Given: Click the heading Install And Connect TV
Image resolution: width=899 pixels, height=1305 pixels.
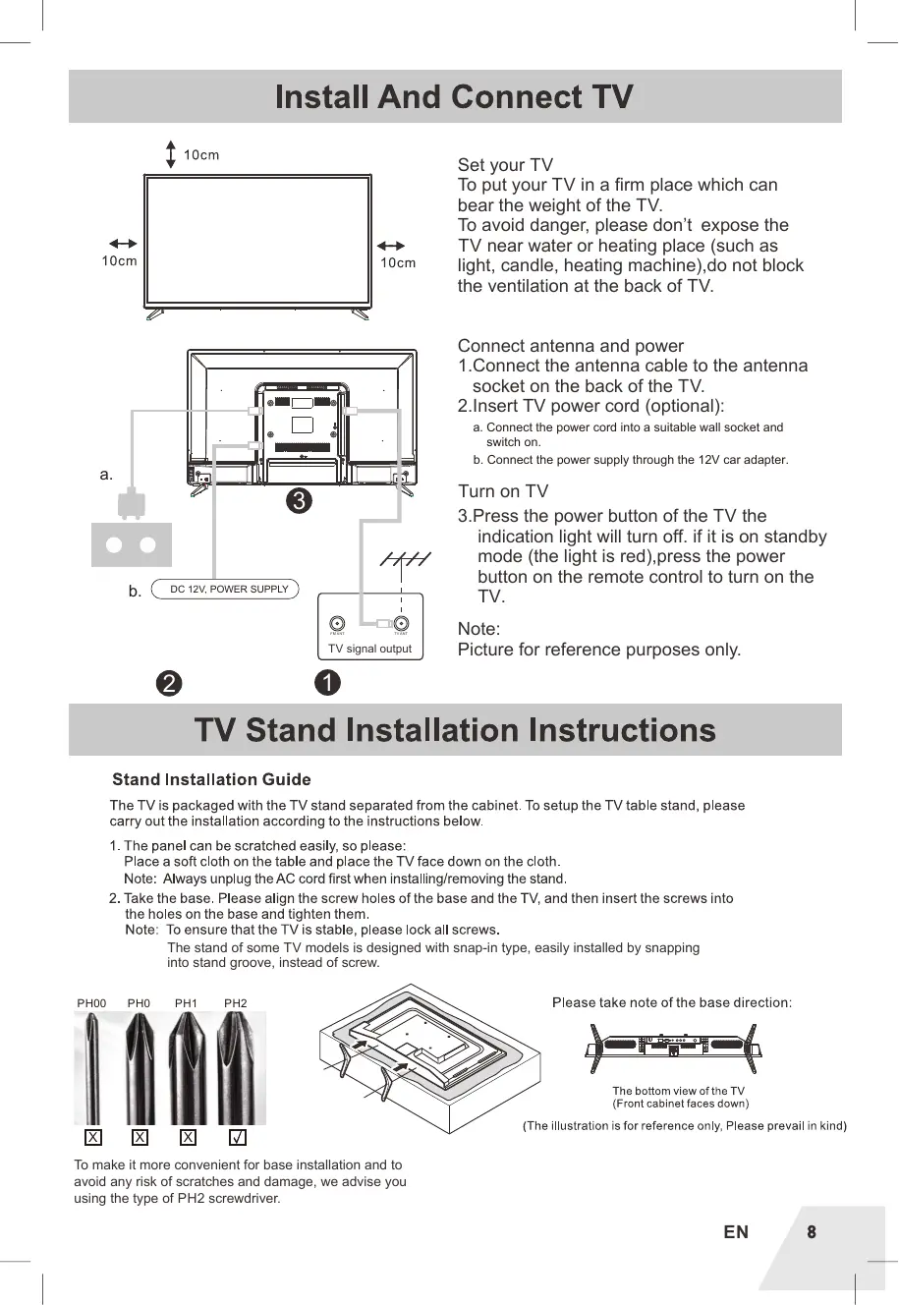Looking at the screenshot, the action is [x=454, y=97].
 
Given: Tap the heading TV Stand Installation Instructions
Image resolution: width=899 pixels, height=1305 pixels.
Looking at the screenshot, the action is [x=455, y=730].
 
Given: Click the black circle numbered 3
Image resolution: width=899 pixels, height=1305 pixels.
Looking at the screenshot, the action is [x=299, y=501].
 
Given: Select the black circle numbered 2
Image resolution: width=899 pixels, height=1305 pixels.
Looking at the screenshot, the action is [x=169, y=683].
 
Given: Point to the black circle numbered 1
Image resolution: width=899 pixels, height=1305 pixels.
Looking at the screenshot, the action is [x=327, y=682].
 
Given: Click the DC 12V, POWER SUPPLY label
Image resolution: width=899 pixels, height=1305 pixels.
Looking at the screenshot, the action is [x=229, y=590].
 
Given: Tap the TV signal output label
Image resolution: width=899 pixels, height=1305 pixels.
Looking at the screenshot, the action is [x=369, y=649].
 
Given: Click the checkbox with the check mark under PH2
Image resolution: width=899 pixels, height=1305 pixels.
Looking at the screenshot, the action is [x=237, y=1137].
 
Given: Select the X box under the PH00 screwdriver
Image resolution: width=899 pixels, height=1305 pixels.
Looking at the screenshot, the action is [x=92, y=1137].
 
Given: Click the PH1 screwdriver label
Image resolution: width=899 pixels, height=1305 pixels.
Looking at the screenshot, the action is [x=186, y=1003].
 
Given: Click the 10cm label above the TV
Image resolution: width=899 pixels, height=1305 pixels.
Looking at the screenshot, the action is [x=201, y=155].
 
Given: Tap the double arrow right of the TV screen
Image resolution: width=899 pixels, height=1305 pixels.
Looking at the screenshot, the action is [x=391, y=246].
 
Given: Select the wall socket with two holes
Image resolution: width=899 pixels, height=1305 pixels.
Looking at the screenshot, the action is [x=131, y=545].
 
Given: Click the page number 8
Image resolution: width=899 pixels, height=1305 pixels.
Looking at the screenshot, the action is [x=812, y=1231].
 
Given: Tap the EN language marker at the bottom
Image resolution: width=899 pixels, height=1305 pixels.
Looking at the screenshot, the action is [x=736, y=1232].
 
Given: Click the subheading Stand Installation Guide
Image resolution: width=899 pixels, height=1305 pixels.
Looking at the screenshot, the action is [x=211, y=779].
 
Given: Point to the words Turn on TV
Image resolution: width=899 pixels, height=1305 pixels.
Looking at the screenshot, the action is [x=503, y=491].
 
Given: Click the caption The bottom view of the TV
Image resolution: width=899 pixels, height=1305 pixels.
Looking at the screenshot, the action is [x=678, y=1091].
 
